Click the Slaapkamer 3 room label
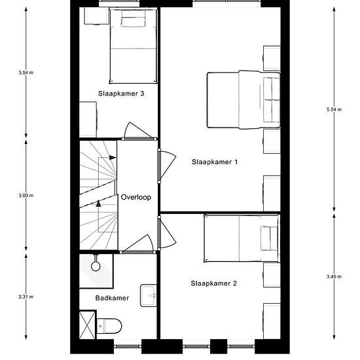[x=121, y=94]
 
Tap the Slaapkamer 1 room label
[x=215, y=162]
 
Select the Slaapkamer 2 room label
[x=213, y=283]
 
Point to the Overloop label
[x=136, y=197]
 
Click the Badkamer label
[x=112, y=298]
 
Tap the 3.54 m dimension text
[x=26, y=73]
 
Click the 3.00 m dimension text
[x=26, y=196]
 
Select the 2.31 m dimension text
[x=26, y=297]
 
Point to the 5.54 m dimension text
[x=334, y=109]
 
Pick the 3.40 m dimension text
[x=334, y=277]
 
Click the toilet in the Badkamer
[x=109, y=326]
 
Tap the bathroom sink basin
[x=149, y=295]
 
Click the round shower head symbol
[x=96, y=266]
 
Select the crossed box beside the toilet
[x=87, y=325]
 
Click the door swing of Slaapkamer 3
[x=137, y=130]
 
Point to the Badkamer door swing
[x=138, y=243]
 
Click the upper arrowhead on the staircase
[x=113, y=158]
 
